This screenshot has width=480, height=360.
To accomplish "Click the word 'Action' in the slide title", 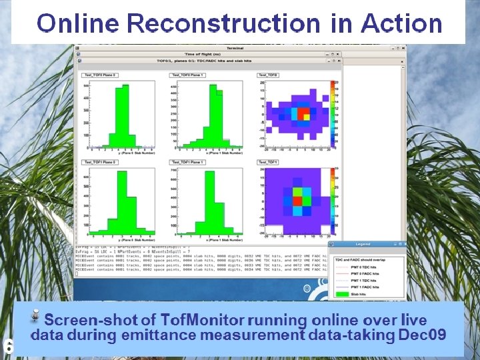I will click(402, 24).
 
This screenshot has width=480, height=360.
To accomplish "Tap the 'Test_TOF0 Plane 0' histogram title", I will click(99, 75).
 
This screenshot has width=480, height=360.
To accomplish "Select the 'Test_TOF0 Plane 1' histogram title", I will click(189, 75).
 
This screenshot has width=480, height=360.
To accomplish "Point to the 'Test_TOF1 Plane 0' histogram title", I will click(99, 163).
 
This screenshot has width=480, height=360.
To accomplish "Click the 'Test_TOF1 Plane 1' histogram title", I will click(189, 163).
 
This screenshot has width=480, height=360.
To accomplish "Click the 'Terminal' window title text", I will click(235, 48).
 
